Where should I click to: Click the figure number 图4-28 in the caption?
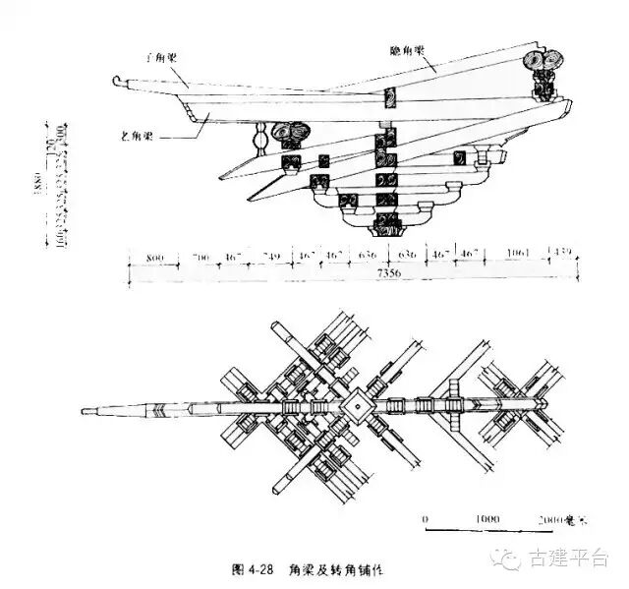click(x=252, y=569)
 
